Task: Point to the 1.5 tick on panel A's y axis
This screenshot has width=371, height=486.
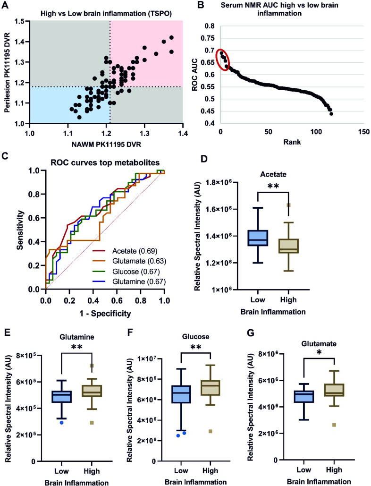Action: pos(20,21)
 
